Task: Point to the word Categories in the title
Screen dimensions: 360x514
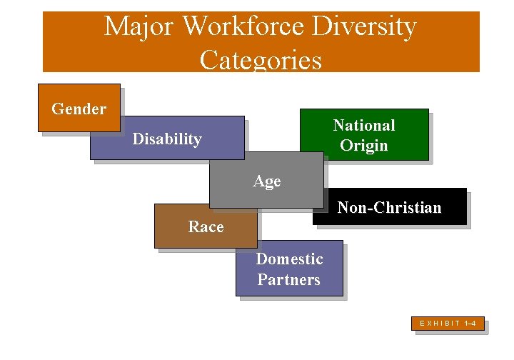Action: (x=261, y=59)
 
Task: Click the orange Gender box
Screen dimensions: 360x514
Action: (x=79, y=109)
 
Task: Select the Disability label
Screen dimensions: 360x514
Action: (x=167, y=139)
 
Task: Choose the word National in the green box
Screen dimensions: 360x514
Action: (x=364, y=125)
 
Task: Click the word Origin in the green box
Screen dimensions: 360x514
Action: (x=364, y=146)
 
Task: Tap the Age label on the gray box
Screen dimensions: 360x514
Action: (x=267, y=181)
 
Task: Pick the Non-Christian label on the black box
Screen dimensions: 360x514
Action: (x=389, y=208)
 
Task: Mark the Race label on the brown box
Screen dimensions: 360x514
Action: (x=206, y=227)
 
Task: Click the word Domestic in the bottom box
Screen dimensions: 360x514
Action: (x=289, y=259)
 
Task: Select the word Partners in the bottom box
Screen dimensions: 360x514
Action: (x=289, y=279)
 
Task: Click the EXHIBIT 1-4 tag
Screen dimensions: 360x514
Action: (x=448, y=324)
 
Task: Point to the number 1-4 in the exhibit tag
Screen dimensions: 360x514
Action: (x=470, y=324)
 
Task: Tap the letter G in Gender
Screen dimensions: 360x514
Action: (x=57, y=109)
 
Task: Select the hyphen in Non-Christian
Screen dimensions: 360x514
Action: (x=366, y=209)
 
